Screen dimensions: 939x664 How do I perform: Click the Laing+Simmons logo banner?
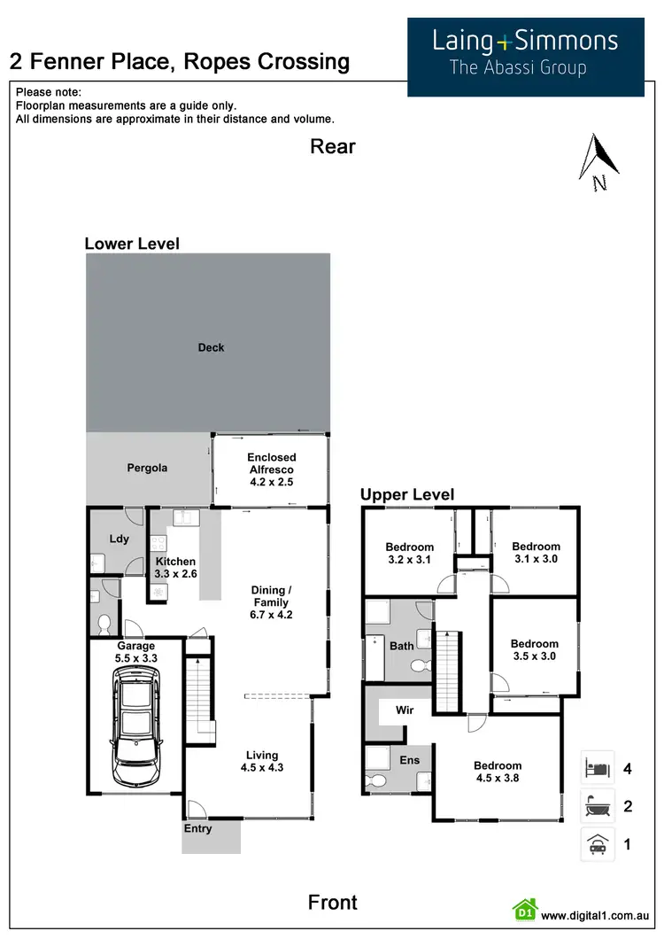pyautogui.click(x=525, y=56)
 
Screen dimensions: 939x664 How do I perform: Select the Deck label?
pyautogui.click(x=211, y=348)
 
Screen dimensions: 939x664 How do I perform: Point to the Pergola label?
pyautogui.click(x=146, y=468)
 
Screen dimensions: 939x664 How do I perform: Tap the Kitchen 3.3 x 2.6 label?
pyautogui.click(x=175, y=568)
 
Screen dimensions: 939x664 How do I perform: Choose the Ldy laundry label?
pyautogui.click(x=119, y=539)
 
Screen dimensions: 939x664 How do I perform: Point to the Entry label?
pyautogui.click(x=198, y=829)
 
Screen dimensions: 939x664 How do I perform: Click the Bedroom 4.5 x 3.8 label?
pyautogui.click(x=497, y=772)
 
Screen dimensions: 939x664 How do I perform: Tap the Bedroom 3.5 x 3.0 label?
pyautogui.click(x=534, y=650)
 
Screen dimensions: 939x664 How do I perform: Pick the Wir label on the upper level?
pyautogui.click(x=405, y=710)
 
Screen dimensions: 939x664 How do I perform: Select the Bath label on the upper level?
pyautogui.click(x=402, y=646)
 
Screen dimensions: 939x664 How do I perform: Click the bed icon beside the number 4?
pyautogui.click(x=597, y=767)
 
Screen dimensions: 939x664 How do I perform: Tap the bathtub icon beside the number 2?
pyautogui.click(x=597, y=806)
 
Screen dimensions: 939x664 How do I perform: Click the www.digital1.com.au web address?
pyautogui.click(x=596, y=916)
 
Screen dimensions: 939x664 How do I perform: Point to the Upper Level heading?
pyautogui.click(x=407, y=495)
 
